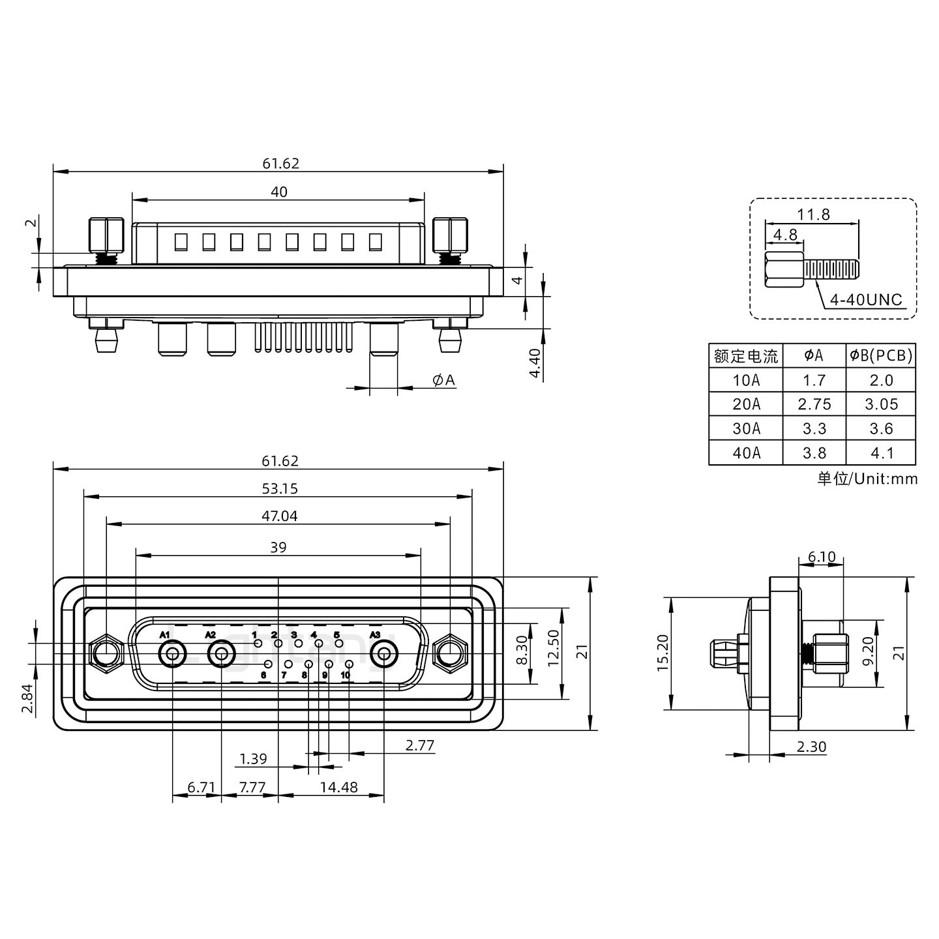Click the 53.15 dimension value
(278, 488)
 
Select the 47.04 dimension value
(278, 516)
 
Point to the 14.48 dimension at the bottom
(338, 787)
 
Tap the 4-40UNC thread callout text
(866, 300)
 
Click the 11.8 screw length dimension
(813, 214)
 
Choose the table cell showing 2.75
(814, 404)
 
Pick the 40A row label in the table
(746, 453)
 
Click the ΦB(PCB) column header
(881, 355)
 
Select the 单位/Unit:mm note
(867, 479)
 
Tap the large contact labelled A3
(383, 654)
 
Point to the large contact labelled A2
(222, 654)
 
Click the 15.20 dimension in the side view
(663, 653)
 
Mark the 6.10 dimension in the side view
(821, 557)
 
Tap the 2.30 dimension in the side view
(811, 747)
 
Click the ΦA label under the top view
(443, 380)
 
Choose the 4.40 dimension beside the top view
(535, 363)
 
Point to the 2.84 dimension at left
(27, 699)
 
